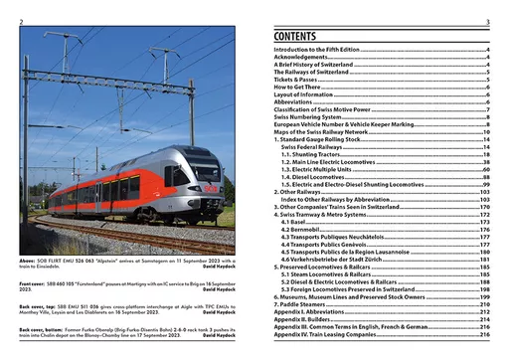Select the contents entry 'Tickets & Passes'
[x=301, y=82]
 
